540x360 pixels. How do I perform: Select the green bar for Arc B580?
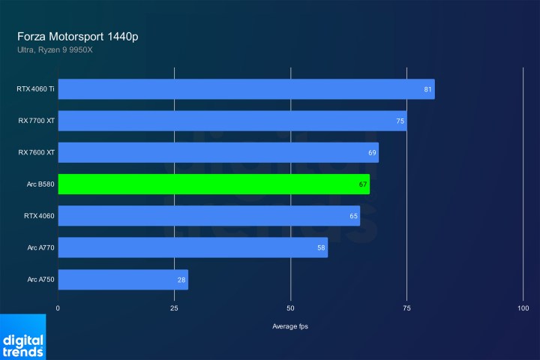(214, 184)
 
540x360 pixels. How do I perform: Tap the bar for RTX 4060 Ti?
(246, 89)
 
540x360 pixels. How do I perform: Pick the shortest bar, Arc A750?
(123, 280)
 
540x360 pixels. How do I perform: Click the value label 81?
(427, 90)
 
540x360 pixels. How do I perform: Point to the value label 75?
(400, 121)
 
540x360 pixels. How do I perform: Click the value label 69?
(372, 153)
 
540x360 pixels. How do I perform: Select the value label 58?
(321, 248)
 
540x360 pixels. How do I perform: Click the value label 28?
(181, 280)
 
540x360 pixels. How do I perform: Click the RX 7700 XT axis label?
(36, 121)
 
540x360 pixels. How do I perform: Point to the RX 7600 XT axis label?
(36, 153)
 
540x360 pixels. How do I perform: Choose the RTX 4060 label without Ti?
(38, 217)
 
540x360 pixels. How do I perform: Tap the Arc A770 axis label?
(40, 248)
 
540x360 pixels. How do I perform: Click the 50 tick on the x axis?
(291, 308)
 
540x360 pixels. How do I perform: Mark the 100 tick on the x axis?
(523, 308)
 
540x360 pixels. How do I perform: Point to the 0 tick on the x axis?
(58, 308)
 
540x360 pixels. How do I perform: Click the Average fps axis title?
(290, 326)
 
